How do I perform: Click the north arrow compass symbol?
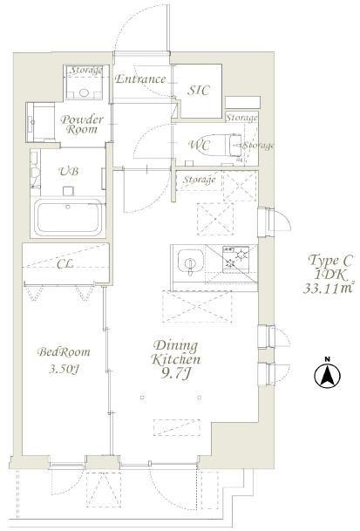327,375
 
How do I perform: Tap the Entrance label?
140,79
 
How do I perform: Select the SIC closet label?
199,91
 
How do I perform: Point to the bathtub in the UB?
68,217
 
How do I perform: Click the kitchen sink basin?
190,262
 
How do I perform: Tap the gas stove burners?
236,260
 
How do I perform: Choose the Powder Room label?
81,125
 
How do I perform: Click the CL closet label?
65,264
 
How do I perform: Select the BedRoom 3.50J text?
64,360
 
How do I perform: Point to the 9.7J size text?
175,374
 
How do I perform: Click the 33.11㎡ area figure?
328,289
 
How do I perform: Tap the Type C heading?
330,261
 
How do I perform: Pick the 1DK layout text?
330,275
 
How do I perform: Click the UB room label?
69,172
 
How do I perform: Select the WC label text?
200,146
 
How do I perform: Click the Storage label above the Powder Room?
85,71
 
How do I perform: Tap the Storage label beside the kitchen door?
199,180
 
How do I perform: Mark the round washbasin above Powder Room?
84,92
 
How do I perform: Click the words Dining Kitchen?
175,353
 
